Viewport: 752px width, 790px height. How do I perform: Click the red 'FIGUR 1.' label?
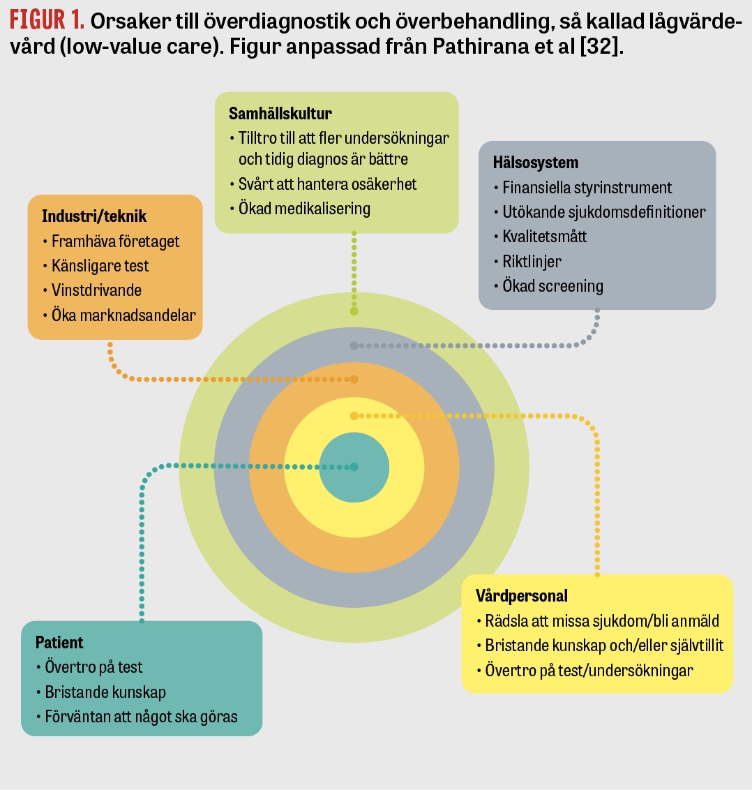tap(47, 21)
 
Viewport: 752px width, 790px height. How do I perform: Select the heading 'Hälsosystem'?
tap(535, 163)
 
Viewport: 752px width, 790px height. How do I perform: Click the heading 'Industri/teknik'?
tap(94, 216)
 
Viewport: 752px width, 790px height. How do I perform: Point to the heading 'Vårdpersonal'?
tap(521, 596)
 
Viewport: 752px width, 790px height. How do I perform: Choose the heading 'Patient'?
tap(59, 642)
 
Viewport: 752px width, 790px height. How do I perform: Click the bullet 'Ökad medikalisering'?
tap(304, 208)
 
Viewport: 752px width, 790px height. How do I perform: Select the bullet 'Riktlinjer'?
tap(532, 261)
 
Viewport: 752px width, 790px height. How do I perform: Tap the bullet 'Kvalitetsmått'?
tap(545, 237)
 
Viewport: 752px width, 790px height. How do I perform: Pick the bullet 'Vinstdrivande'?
tap(96, 290)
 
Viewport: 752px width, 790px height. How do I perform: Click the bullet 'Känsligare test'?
tap(100, 266)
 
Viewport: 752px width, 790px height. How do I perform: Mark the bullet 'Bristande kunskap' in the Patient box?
tap(105, 692)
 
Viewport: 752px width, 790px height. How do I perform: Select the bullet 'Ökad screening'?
tap(552, 286)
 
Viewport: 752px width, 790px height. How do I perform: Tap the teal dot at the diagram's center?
tap(354, 467)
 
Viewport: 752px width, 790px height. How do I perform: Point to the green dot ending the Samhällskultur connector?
tap(354, 311)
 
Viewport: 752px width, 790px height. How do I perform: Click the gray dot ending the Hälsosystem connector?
tap(354, 345)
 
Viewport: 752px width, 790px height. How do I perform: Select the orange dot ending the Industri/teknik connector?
tap(354, 379)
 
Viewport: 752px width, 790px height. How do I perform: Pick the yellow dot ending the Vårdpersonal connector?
tap(354, 416)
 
